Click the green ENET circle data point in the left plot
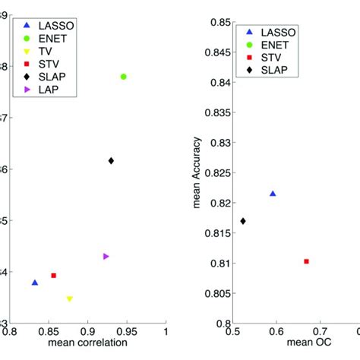[123, 77]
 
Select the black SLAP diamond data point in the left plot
[111, 160]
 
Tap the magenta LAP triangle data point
[106, 257]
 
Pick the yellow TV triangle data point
[69, 299]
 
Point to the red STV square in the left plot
[53, 276]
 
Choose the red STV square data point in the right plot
[306, 261]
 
